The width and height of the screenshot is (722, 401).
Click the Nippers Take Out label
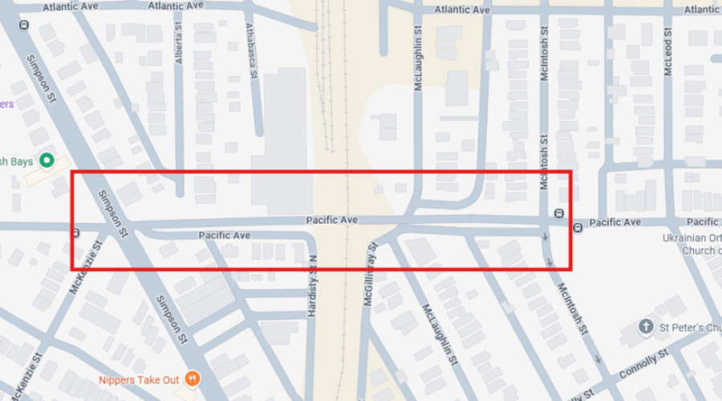pos(139,380)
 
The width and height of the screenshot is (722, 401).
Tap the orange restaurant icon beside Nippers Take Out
pos(192,379)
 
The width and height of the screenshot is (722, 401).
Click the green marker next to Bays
pos(47,160)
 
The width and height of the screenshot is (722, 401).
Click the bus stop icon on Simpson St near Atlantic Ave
pos(23,24)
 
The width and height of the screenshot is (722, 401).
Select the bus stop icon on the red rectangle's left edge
pos(74,234)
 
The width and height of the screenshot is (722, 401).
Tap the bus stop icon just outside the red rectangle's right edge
pos(578,228)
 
